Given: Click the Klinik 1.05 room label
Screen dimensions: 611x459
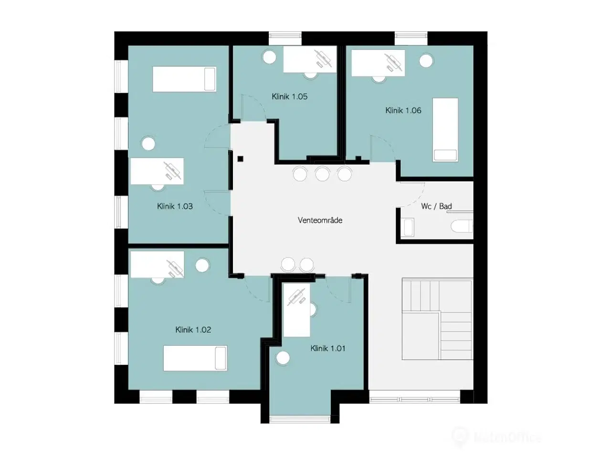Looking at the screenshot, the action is [289, 97].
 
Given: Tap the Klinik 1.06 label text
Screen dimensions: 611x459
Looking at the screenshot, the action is [403, 110].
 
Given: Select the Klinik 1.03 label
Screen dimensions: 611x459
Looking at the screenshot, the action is [175, 206].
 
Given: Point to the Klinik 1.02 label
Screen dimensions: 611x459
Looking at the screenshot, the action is [193, 330].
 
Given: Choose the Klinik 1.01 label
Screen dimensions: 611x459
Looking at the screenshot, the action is [328, 349].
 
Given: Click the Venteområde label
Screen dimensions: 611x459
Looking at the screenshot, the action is [320, 220].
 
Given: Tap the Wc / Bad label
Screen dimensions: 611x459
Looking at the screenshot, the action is [436, 206].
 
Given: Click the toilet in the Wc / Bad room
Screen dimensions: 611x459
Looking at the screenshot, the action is [462, 226].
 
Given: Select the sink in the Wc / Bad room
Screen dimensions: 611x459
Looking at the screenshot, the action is [409, 227].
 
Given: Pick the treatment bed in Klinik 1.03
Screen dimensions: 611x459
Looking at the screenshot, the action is [184, 79].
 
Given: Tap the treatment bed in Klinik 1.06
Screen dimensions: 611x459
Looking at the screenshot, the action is [445, 130].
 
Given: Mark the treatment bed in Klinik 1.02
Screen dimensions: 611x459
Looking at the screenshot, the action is [195, 358].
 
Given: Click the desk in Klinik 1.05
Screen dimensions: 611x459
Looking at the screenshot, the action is [310, 59].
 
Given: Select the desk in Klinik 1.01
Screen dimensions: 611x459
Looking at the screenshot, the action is [296, 310].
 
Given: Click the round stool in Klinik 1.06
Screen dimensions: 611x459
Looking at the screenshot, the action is [426, 60].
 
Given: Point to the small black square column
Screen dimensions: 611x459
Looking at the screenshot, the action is [241, 159].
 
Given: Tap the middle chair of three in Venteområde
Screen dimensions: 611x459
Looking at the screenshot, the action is [322, 174].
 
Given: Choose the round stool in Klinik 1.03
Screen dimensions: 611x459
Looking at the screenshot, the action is [148, 144].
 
